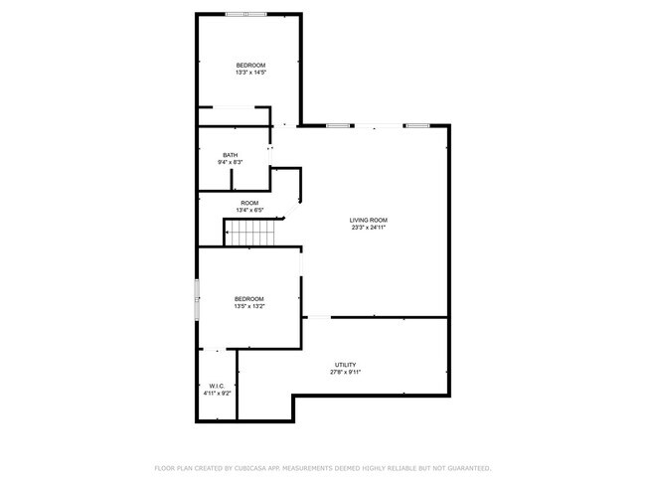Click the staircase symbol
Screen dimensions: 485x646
(x=251, y=234)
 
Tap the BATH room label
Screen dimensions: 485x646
(x=230, y=154)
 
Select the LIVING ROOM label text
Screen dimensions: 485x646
(x=368, y=220)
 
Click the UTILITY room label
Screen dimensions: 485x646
(x=345, y=365)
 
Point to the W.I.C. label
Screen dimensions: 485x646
(x=217, y=386)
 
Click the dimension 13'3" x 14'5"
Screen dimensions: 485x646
(x=250, y=73)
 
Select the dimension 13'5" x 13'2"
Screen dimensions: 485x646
(x=248, y=307)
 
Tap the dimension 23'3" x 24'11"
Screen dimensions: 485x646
(x=368, y=228)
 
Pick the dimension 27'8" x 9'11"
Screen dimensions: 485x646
(x=345, y=373)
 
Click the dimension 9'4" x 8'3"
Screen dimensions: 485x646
(x=231, y=162)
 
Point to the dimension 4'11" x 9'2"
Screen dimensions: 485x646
(x=217, y=394)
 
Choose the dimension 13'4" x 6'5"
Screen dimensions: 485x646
(x=249, y=210)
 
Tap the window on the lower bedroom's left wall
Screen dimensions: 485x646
(x=197, y=298)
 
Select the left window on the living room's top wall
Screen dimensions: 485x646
(x=339, y=125)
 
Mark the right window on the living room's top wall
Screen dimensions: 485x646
(x=416, y=125)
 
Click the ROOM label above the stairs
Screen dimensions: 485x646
(x=249, y=202)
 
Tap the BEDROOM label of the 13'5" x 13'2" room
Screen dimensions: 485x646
(x=248, y=299)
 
